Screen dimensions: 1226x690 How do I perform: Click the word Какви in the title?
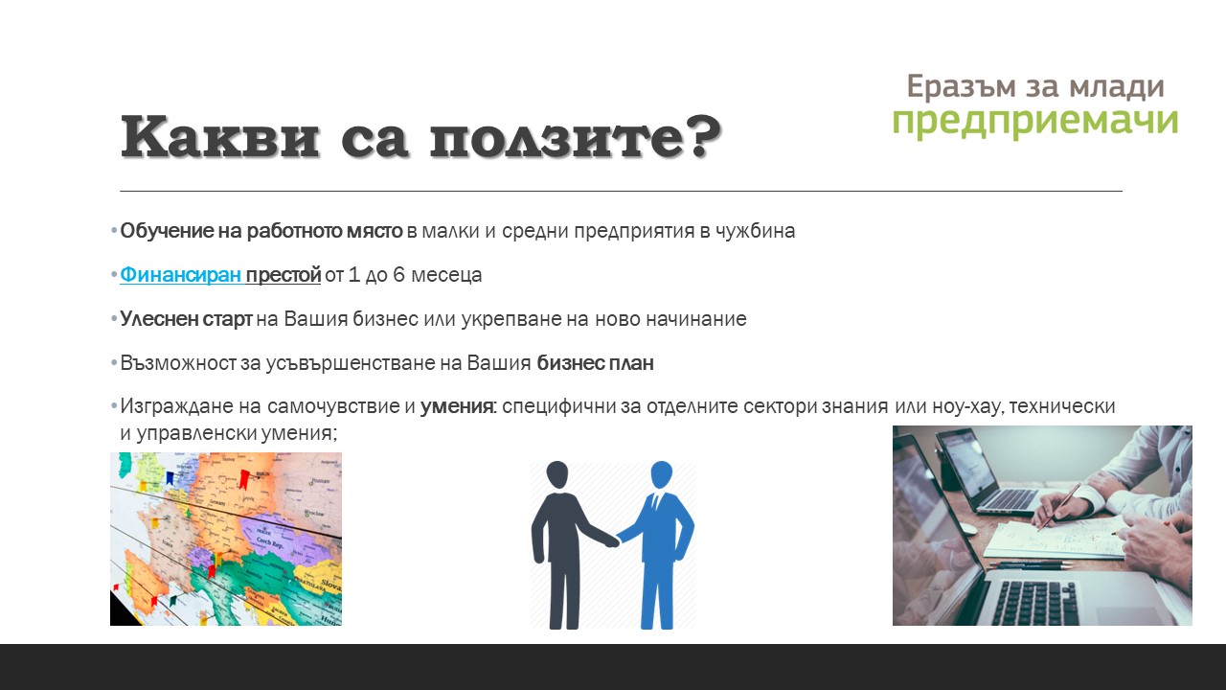(x=220, y=136)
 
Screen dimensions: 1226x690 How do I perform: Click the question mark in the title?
(x=706, y=136)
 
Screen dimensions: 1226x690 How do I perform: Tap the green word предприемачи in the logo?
(x=1035, y=122)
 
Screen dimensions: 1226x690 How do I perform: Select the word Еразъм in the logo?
(x=961, y=86)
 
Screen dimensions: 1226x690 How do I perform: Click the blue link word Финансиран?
(x=181, y=274)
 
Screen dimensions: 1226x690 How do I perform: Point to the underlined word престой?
(x=283, y=274)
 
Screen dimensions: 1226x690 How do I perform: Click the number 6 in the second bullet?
(x=398, y=274)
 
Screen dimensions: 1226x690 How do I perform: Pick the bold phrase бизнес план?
(x=595, y=362)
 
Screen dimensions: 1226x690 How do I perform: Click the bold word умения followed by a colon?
(x=457, y=406)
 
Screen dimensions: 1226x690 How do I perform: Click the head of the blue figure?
(x=662, y=475)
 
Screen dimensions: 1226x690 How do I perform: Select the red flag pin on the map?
(x=244, y=479)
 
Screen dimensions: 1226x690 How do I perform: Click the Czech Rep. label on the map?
(x=270, y=543)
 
